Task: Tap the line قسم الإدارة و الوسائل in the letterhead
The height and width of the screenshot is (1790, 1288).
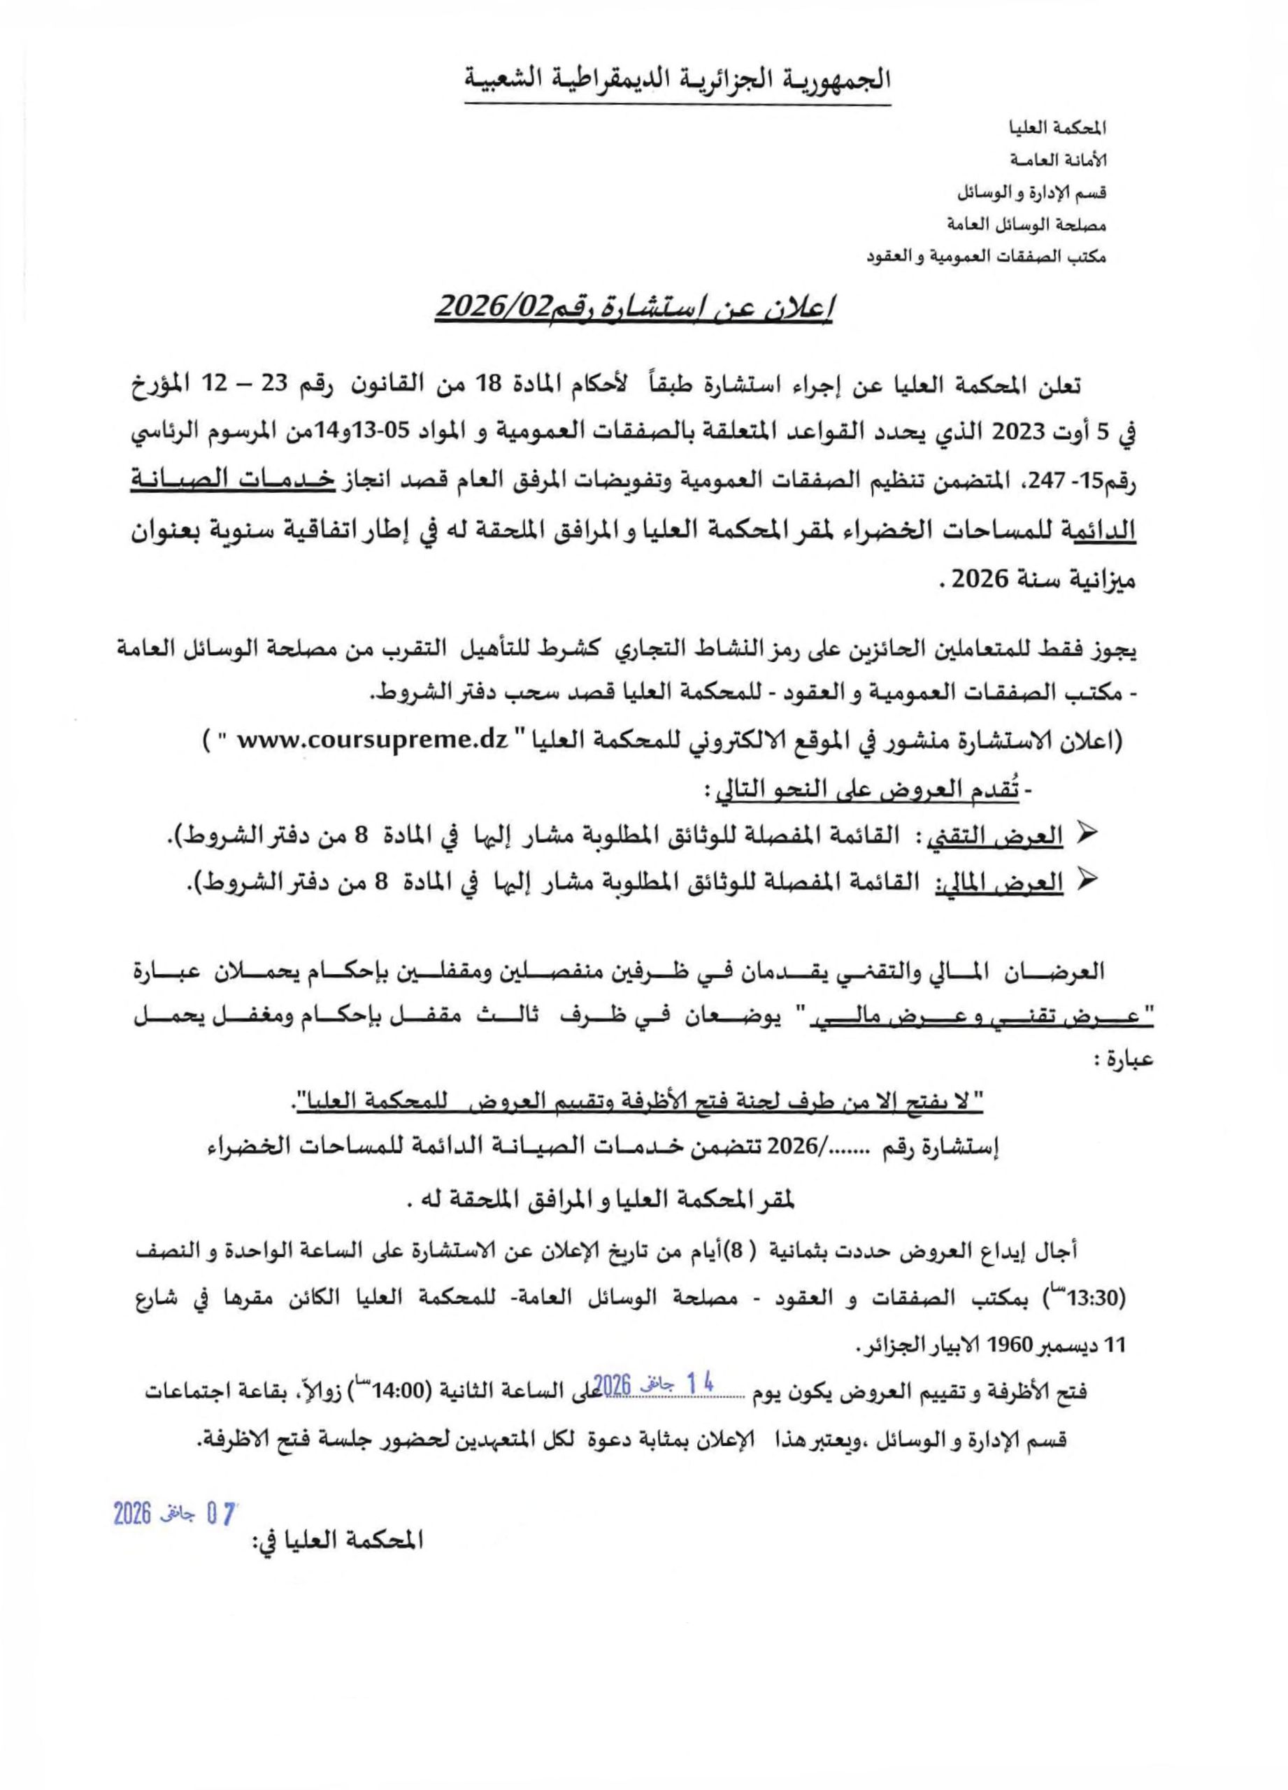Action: [1025, 192]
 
